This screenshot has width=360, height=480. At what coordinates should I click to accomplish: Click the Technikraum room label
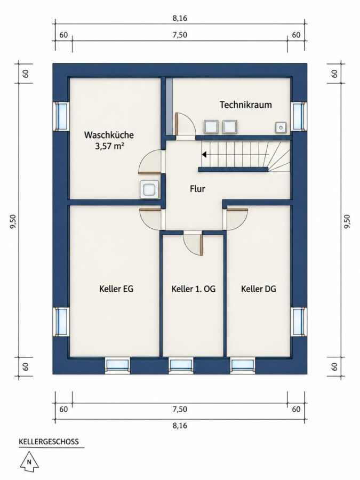point(245,105)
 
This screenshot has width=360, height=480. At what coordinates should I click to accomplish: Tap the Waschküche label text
point(109,135)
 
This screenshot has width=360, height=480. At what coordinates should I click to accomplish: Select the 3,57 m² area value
point(109,146)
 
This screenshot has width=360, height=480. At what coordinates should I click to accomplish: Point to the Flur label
point(197,189)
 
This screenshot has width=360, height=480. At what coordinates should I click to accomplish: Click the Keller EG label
point(116,289)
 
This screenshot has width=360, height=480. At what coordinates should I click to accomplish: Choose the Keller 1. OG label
point(194,289)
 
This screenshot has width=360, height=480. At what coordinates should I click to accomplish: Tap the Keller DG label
point(259,289)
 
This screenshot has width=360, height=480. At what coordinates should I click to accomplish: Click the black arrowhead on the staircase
point(204,154)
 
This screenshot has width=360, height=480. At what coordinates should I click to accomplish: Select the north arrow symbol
point(30,462)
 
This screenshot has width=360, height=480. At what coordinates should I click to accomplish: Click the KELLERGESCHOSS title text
point(49,442)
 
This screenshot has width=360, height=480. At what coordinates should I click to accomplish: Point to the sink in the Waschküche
point(149,190)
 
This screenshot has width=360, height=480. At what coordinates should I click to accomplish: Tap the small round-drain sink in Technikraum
point(281,127)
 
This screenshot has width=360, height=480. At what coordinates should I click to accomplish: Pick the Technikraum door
point(185,124)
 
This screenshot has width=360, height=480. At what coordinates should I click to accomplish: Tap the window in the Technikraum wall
point(298,116)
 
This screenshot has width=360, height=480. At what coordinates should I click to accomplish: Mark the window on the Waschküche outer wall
point(61,116)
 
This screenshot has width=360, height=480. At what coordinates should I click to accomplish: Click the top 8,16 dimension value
point(180,18)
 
